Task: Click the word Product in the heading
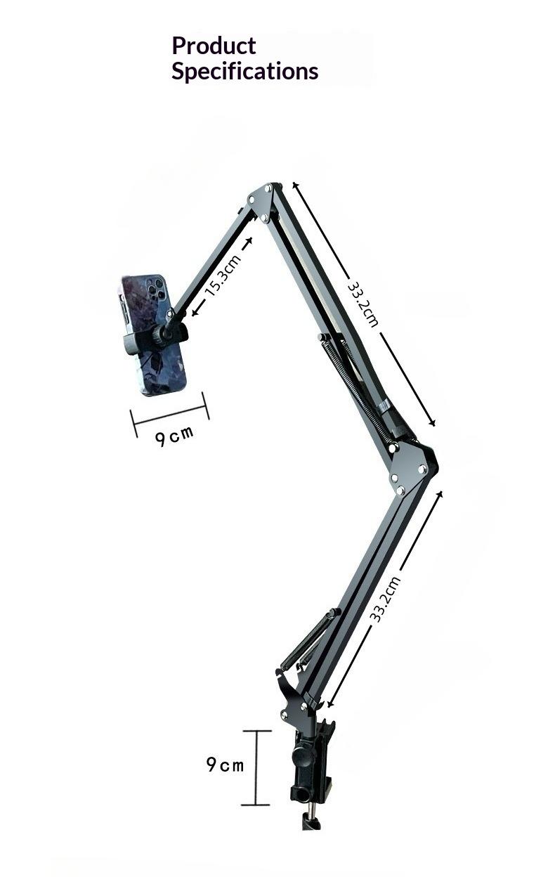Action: [214, 46]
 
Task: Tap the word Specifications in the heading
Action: [244, 72]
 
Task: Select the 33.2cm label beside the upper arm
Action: [364, 304]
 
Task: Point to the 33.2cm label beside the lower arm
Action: [386, 599]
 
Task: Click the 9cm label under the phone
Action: [174, 436]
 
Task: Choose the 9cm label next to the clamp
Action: [225, 764]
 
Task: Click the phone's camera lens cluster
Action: [156, 289]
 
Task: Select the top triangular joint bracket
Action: [262, 201]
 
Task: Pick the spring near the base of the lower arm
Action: [309, 640]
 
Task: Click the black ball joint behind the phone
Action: [166, 333]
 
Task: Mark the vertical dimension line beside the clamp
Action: [256, 767]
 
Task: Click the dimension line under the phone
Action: [170, 415]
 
